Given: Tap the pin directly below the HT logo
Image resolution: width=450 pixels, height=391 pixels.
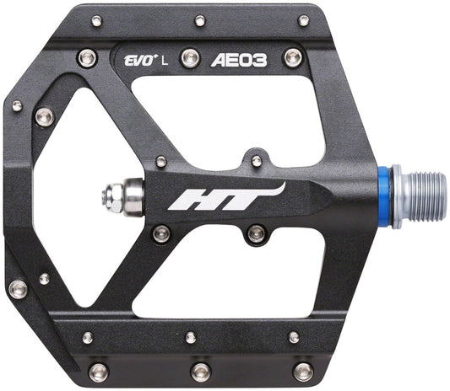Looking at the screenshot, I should (x=256, y=233).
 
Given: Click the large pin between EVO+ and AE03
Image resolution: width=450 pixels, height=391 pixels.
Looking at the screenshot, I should (x=192, y=57).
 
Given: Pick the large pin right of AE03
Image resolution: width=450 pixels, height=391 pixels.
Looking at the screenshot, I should (x=293, y=57).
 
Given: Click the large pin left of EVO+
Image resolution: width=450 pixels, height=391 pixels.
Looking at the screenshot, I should (x=87, y=58).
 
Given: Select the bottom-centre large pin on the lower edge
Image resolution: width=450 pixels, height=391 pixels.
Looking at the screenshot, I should (x=200, y=371).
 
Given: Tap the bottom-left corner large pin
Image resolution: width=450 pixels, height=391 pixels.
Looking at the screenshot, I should (x=98, y=371).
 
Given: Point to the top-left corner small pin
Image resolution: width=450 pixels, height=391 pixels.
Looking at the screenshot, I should (x=97, y=20).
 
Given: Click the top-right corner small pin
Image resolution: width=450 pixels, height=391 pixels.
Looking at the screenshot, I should (x=303, y=20).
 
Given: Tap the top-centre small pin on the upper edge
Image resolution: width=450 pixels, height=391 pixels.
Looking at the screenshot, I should (x=200, y=20).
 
